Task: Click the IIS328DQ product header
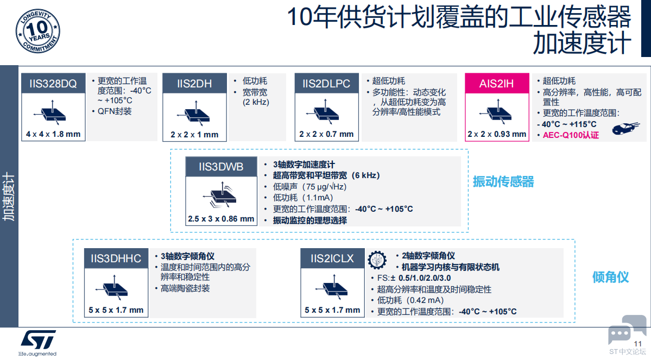point(53,84)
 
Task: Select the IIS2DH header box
point(194,84)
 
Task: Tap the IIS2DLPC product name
point(326,84)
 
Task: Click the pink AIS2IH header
point(497,84)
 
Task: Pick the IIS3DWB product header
point(222,167)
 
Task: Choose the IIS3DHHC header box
point(116,258)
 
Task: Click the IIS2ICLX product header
point(332,258)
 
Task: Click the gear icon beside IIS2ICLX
point(377,260)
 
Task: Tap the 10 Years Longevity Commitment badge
point(38,31)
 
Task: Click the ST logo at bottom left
point(38,343)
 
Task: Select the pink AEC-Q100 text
point(571,135)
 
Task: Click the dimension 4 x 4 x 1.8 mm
point(53,134)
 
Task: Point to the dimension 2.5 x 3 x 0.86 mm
point(221,219)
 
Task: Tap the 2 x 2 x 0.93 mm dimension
point(497,134)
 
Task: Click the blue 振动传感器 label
point(503,181)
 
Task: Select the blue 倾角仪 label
point(610,277)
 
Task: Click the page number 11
point(638,343)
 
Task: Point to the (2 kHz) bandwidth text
point(256,102)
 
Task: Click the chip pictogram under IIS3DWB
point(222,194)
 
